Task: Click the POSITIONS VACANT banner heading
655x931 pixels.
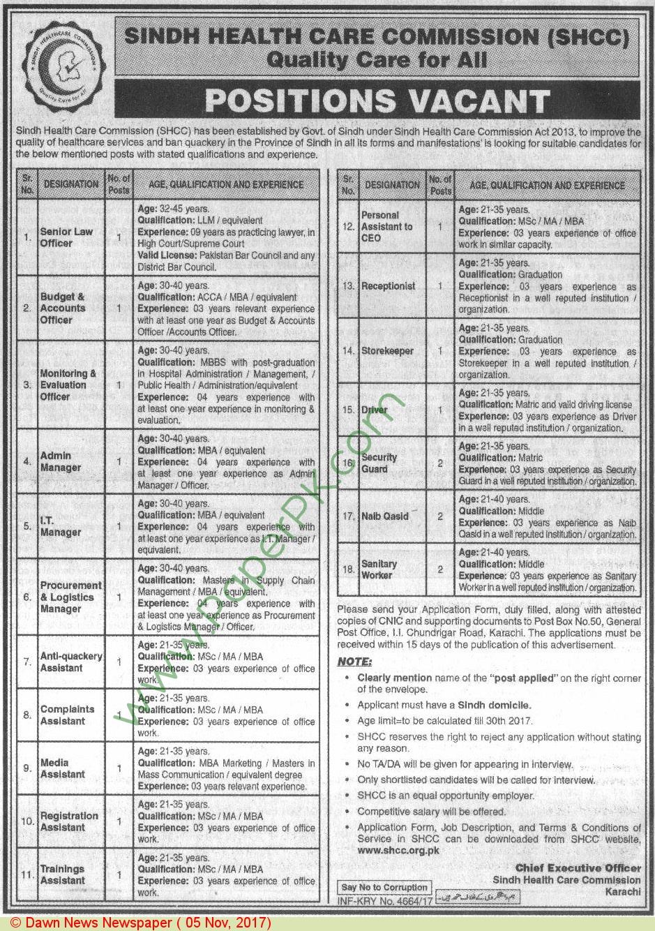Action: [x=377, y=101]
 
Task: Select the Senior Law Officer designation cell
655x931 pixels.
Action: [x=66, y=237]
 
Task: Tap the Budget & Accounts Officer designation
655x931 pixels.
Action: [x=63, y=308]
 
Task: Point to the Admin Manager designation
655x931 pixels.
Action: [x=61, y=461]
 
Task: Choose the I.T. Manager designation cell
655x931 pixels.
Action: [x=61, y=526]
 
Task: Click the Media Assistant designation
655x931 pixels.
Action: [x=63, y=768]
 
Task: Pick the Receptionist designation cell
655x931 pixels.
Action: [x=389, y=286]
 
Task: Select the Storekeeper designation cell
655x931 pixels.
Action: [x=388, y=351]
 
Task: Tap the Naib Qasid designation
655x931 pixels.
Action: [x=385, y=516]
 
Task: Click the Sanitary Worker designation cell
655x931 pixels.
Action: [x=379, y=569]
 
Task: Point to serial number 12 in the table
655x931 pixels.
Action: [x=349, y=227]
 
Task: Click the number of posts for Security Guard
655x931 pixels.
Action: [x=440, y=463]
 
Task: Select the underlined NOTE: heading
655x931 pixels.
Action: [x=354, y=662]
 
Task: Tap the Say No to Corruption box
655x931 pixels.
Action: [x=384, y=888]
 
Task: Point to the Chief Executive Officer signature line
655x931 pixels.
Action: [x=578, y=868]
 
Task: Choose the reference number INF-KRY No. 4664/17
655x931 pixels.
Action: [x=386, y=901]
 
